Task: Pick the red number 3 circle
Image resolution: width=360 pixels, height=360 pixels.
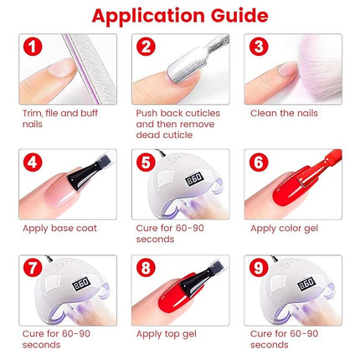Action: (x=258, y=47)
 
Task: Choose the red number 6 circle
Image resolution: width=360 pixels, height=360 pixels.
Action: (x=258, y=163)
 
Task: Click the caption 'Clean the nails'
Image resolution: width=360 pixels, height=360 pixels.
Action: (x=283, y=112)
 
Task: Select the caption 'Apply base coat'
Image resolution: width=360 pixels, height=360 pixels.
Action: (x=59, y=228)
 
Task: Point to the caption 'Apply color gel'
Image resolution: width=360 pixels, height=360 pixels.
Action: (x=285, y=228)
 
